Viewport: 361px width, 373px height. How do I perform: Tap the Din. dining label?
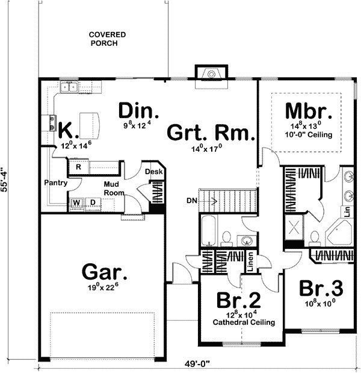pos(138,111)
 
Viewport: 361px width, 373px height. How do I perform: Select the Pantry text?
pos(55,181)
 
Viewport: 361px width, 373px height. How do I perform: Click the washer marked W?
pos(77,202)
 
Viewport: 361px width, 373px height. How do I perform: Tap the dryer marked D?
pos(93,202)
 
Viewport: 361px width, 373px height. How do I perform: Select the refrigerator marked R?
pos(78,167)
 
